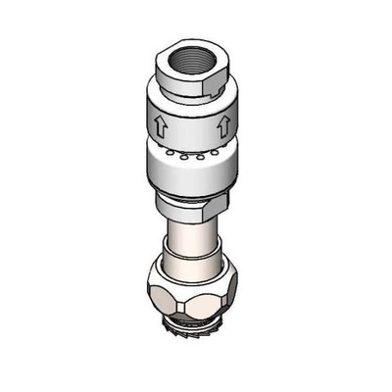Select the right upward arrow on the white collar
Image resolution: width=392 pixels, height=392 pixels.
(x=223, y=125)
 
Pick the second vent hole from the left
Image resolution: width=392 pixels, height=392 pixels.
(x=182, y=157)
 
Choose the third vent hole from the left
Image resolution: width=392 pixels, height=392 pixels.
(x=195, y=157)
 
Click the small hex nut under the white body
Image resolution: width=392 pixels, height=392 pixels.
(x=191, y=207)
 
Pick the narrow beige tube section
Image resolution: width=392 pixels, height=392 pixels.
(x=191, y=238)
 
